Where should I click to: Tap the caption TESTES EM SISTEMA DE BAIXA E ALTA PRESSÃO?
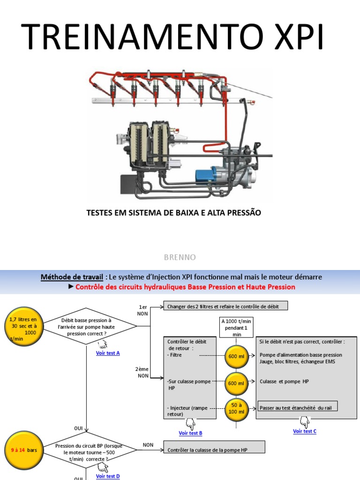(x=174, y=213)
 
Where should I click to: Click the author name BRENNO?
(x=180, y=257)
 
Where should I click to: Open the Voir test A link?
(x=108, y=353)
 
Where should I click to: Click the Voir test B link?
(x=190, y=433)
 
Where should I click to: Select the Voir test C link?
(x=305, y=431)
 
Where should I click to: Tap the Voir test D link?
(x=108, y=476)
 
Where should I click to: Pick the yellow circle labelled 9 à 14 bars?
(x=23, y=450)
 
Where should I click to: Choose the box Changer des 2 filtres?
(x=225, y=306)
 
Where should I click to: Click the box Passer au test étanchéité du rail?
(x=298, y=407)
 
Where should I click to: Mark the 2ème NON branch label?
(x=142, y=372)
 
